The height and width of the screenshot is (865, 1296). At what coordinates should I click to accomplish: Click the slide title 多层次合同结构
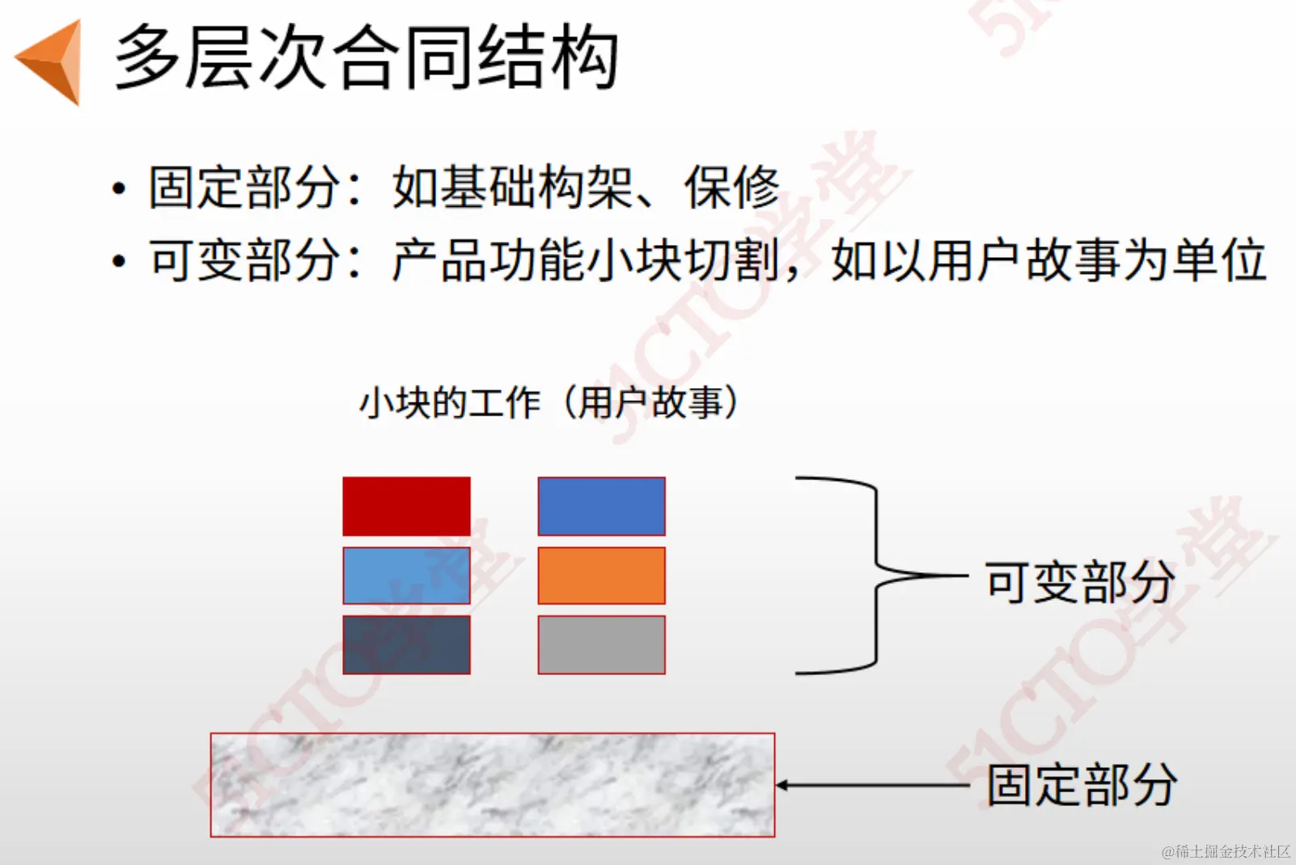(366, 57)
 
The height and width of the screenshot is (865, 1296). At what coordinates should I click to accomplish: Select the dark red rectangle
(406, 506)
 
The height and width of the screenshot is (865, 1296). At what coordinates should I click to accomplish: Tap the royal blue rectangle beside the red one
(601, 506)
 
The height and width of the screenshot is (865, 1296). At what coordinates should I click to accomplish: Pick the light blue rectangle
(406, 576)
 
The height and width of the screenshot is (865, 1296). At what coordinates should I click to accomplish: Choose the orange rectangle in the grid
(601, 576)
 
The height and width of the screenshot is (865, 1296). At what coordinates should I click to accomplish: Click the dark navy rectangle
(406, 645)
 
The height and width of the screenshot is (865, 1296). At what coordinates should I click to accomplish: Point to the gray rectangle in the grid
(601, 645)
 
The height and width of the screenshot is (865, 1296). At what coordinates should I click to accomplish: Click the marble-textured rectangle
(492, 785)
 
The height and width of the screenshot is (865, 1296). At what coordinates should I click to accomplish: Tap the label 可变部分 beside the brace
(1080, 581)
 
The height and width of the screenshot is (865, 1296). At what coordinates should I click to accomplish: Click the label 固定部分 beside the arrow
(1082, 785)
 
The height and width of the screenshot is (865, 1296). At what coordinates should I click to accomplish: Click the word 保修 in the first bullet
(732, 188)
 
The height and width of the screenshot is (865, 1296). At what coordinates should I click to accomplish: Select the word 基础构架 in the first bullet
(512, 188)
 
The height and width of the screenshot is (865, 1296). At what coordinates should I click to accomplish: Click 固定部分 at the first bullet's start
(244, 188)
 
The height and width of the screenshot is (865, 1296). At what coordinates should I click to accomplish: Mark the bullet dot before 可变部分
(120, 262)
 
